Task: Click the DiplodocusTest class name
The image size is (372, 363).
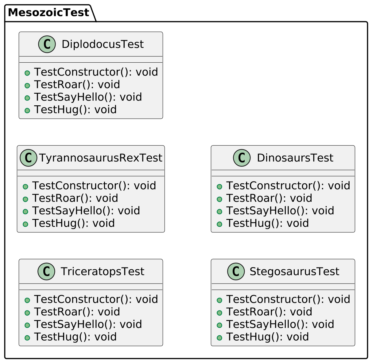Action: (x=103, y=44)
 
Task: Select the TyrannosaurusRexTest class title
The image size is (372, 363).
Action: (x=100, y=158)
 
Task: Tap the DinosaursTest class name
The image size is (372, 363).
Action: (x=295, y=158)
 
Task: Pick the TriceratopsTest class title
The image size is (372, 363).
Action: (x=102, y=271)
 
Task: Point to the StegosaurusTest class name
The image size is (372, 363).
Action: (x=294, y=271)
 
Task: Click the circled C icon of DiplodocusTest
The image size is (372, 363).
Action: (x=47, y=44)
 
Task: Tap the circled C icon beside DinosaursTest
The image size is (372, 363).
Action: (x=242, y=158)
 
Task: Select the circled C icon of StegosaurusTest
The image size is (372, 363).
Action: (x=236, y=271)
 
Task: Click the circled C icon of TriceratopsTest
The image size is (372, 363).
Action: (x=46, y=271)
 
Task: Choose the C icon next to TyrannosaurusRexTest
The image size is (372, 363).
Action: (x=28, y=158)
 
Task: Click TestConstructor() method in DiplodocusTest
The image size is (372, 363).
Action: (x=96, y=72)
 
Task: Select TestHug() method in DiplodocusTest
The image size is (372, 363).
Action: (x=75, y=110)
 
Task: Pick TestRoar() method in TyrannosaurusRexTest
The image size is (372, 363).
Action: (x=75, y=198)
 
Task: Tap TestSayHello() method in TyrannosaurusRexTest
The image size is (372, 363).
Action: (x=86, y=211)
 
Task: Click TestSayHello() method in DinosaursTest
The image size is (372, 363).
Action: (x=280, y=211)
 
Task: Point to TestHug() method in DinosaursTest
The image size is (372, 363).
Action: (x=267, y=223)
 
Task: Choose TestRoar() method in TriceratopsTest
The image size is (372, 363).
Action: (x=77, y=312)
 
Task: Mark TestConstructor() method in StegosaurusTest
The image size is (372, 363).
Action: (x=288, y=299)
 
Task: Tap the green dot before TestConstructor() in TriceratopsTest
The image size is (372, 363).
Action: (x=27, y=300)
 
